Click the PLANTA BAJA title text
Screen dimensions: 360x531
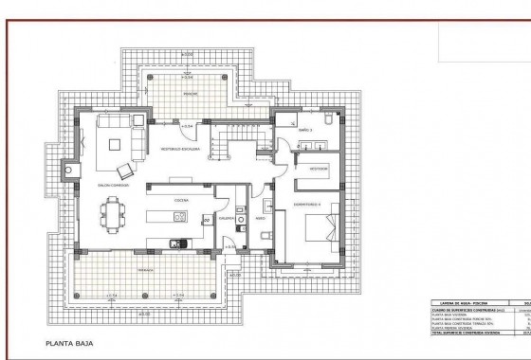click(x=67, y=343)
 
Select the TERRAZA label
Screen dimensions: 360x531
click(x=144, y=269)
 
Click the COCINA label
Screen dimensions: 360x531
click(x=180, y=201)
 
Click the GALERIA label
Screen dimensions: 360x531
click(x=227, y=217)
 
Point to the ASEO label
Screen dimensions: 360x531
click(x=260, y=217)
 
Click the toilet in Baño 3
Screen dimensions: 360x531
click(x=322, y=120)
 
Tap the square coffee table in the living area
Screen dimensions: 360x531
click(x=116, y=145)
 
